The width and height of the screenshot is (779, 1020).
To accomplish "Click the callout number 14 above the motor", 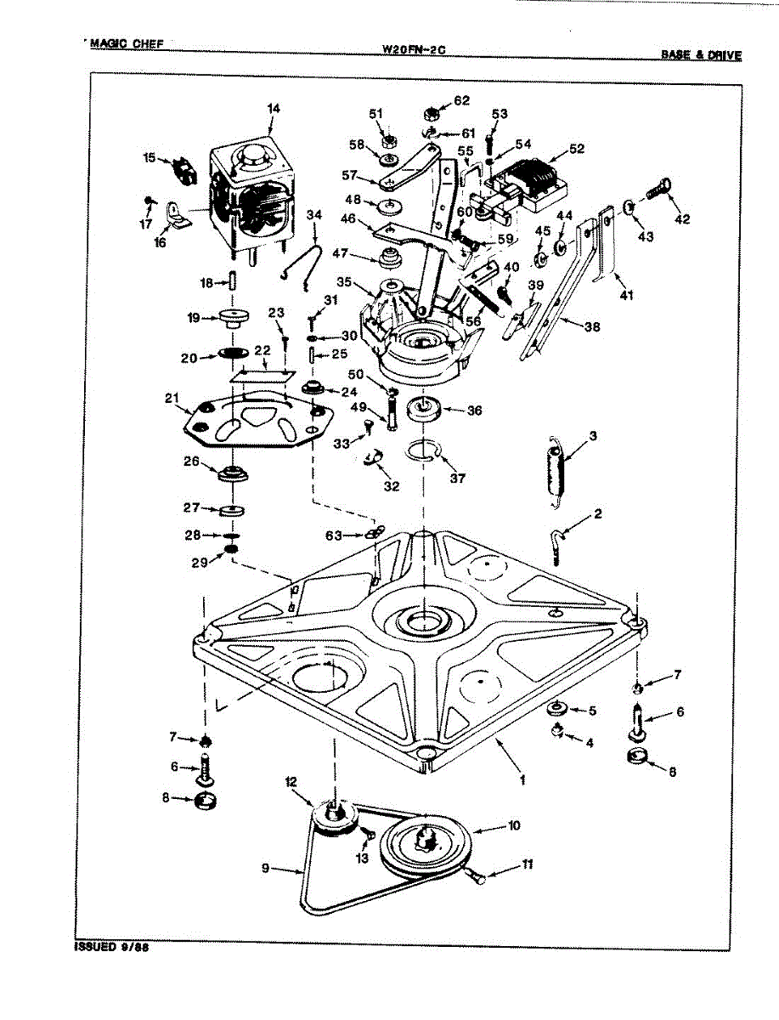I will pos(273,109).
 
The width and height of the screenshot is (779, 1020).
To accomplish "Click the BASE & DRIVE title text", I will pos(701,55).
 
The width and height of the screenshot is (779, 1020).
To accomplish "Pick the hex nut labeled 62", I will pos(431,113).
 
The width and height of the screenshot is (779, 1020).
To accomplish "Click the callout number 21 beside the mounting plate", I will pos(172,398).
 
